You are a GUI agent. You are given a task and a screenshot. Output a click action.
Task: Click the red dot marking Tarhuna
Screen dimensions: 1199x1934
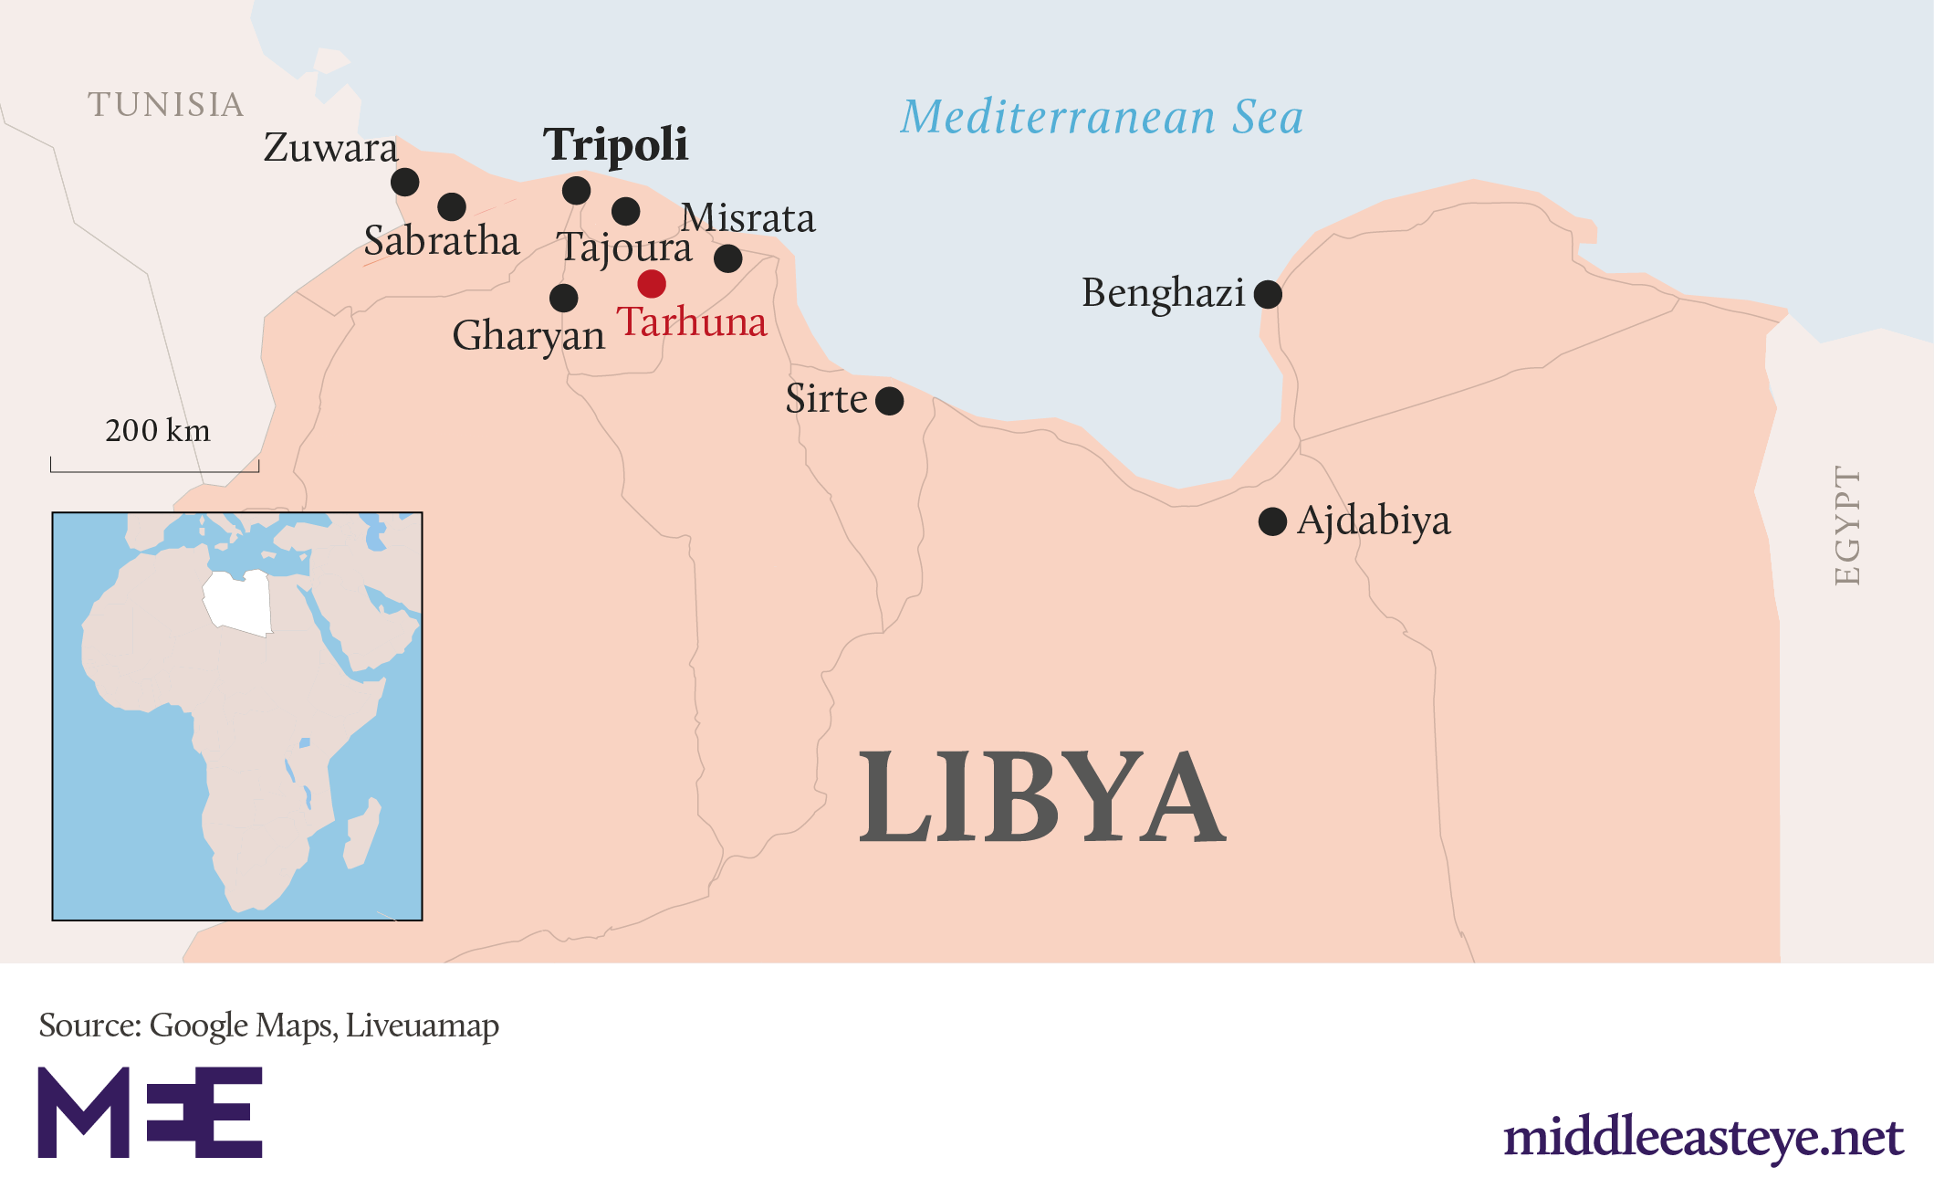[652, 283]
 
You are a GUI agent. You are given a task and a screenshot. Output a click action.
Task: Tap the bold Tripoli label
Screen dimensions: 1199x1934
[615, 144]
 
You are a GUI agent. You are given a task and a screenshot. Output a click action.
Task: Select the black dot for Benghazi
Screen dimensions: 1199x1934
[1268, 294]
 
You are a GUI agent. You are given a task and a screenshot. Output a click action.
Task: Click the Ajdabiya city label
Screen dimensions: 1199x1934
[1373, 521]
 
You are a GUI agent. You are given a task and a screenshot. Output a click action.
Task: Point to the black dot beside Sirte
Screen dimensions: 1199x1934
[889, 401]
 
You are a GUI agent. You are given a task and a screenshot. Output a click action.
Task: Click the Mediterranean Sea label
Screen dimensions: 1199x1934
[1102, 118]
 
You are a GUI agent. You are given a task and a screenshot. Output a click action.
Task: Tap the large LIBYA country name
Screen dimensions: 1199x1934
[1041, 796]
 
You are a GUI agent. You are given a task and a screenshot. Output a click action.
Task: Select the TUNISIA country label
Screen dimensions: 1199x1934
[166, 105]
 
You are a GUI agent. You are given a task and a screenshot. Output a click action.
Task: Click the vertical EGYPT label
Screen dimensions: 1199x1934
[1846, 526]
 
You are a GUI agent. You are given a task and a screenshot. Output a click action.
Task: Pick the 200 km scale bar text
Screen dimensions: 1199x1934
[157, 430]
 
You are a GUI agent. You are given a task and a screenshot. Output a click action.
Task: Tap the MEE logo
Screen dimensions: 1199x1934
[150, 1111]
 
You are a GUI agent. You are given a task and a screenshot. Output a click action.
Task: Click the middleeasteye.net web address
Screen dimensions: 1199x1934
[1702, 1137]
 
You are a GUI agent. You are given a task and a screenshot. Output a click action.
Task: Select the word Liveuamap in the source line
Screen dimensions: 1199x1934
[422, 1025]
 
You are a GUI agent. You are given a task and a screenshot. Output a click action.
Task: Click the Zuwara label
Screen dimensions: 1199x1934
[330, 148]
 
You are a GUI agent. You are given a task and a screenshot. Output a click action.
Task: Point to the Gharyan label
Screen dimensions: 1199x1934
[528, 335]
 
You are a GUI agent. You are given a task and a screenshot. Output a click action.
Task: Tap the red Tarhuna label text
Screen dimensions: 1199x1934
[692, 321]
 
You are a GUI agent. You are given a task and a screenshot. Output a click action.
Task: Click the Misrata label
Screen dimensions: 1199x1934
[747, 218]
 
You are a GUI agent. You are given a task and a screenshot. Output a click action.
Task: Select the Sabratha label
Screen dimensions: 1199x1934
[441, 241]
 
